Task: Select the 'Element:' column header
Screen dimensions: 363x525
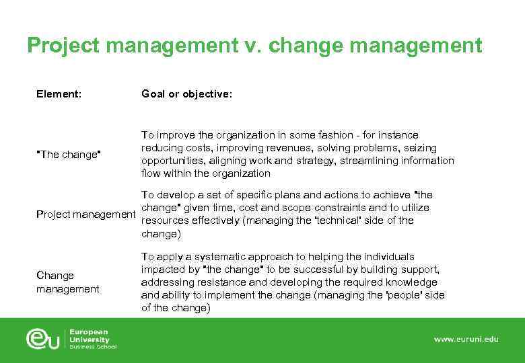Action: (59, 95)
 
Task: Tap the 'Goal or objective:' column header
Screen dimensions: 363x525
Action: (186, 95)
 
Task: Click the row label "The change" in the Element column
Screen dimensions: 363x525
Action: (69, 155)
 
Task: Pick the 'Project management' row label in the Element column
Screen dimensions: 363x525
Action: (85, 214)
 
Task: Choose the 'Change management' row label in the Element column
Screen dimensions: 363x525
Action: (68, 282)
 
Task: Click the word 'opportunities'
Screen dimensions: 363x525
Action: (171, 161)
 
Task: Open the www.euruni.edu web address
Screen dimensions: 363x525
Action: (466, 339)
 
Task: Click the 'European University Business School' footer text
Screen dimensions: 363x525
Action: (92, 339)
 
